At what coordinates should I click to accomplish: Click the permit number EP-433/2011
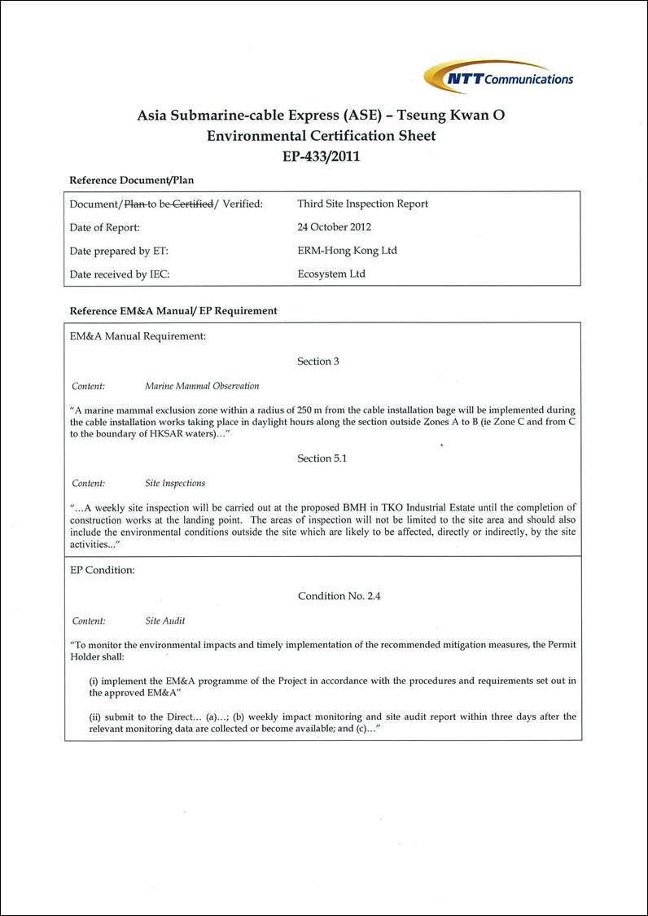coord(322,156)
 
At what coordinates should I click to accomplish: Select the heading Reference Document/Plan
coord(132,180)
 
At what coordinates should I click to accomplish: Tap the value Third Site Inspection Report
coord(362,204)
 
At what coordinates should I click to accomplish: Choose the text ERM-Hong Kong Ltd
coord(347,251)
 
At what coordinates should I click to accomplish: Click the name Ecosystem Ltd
coord(331,274)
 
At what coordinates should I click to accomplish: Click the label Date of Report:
coord(105,227)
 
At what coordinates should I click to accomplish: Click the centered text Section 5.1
coord(322,458)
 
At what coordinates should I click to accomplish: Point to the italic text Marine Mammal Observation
coord(202,386)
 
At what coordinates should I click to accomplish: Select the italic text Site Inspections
coord(175,483)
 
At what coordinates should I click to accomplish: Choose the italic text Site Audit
coord(165,620)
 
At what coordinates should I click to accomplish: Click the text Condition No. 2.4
coord(339,596)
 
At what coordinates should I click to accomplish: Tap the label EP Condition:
coord(103,570)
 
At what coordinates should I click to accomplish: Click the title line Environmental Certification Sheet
coord(322,136)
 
